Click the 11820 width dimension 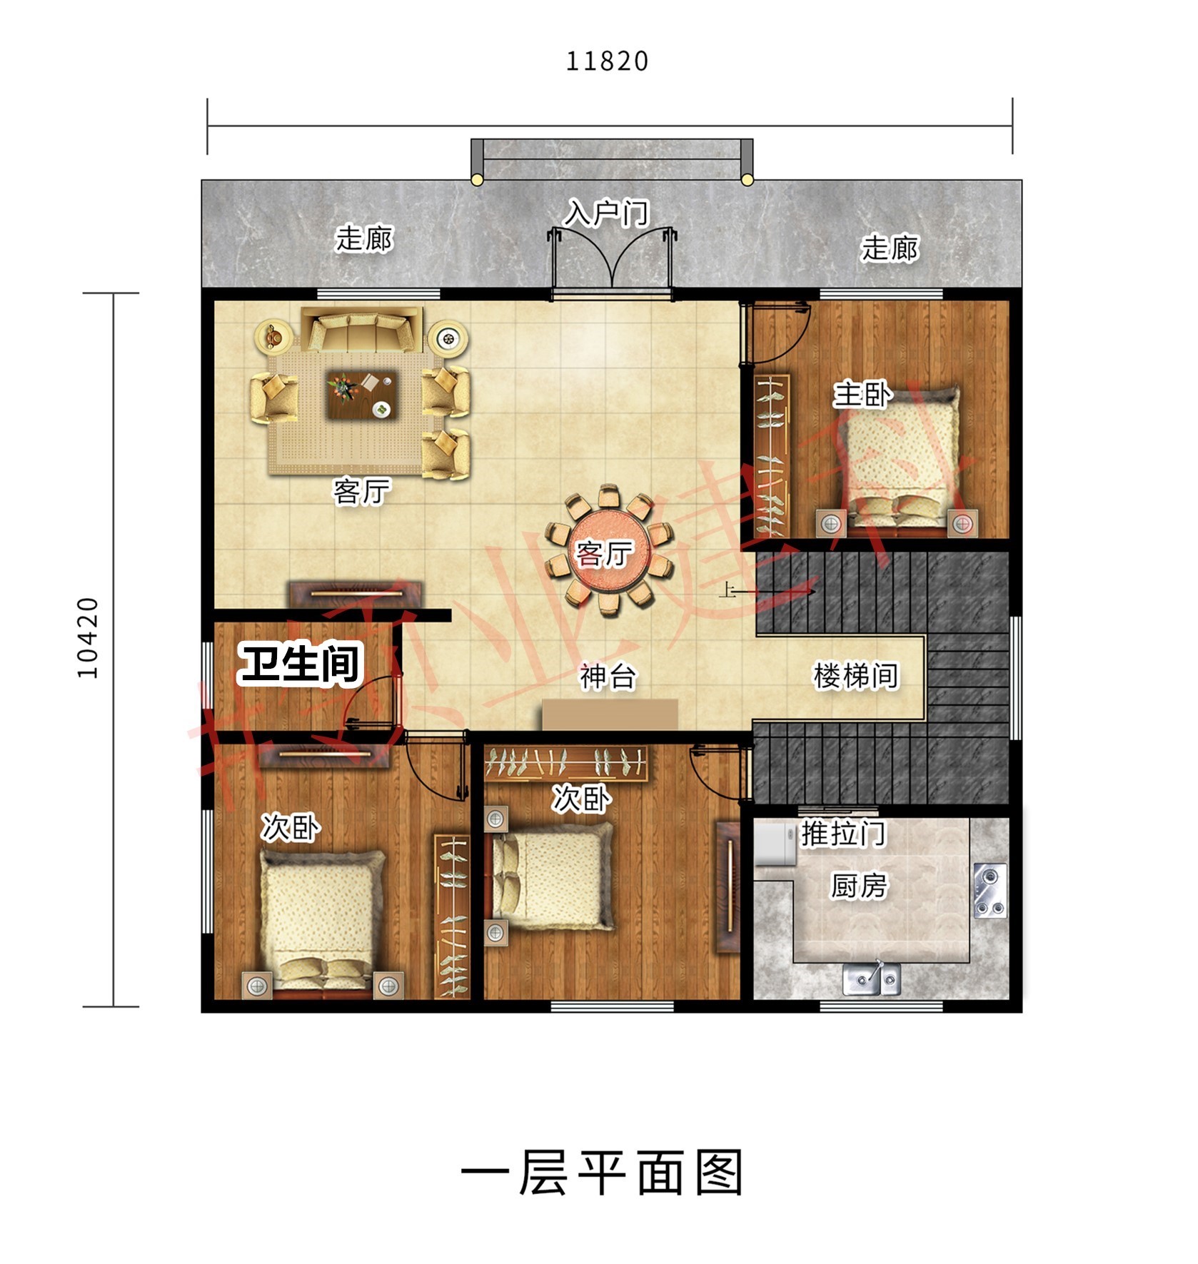point(607,61)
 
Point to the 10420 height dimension point(87,637)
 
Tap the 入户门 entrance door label point(607,213)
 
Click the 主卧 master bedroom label point(862,394)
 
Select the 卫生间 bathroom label point(301,663)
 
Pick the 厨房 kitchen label point(859,886)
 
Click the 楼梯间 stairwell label point(855,675)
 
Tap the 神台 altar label point(607,676)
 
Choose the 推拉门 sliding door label point(843,833)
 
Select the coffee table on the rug point(361,394)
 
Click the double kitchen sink point(871,978)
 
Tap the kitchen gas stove point(990,891)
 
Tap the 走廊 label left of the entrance point(364,238)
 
